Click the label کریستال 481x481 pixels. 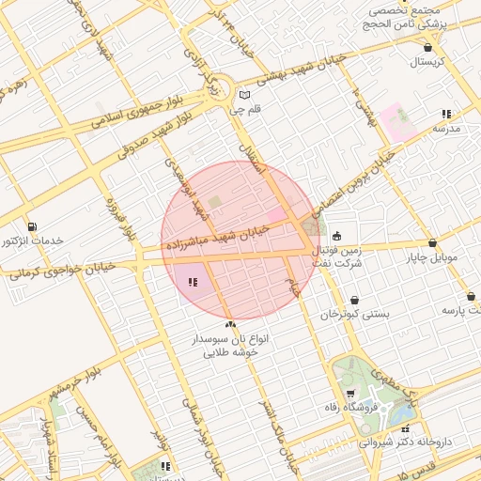point(430,61)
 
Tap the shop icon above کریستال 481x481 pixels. point(428,46)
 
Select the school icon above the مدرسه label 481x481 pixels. point(446,114)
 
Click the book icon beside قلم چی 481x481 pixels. point(245,95)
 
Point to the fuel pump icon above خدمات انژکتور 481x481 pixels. point(33,226)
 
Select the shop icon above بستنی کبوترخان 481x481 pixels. point(353,300)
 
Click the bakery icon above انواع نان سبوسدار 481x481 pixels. point(231,323)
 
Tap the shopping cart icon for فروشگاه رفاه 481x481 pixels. point(350,394)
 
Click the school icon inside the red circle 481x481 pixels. point(193,281)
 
